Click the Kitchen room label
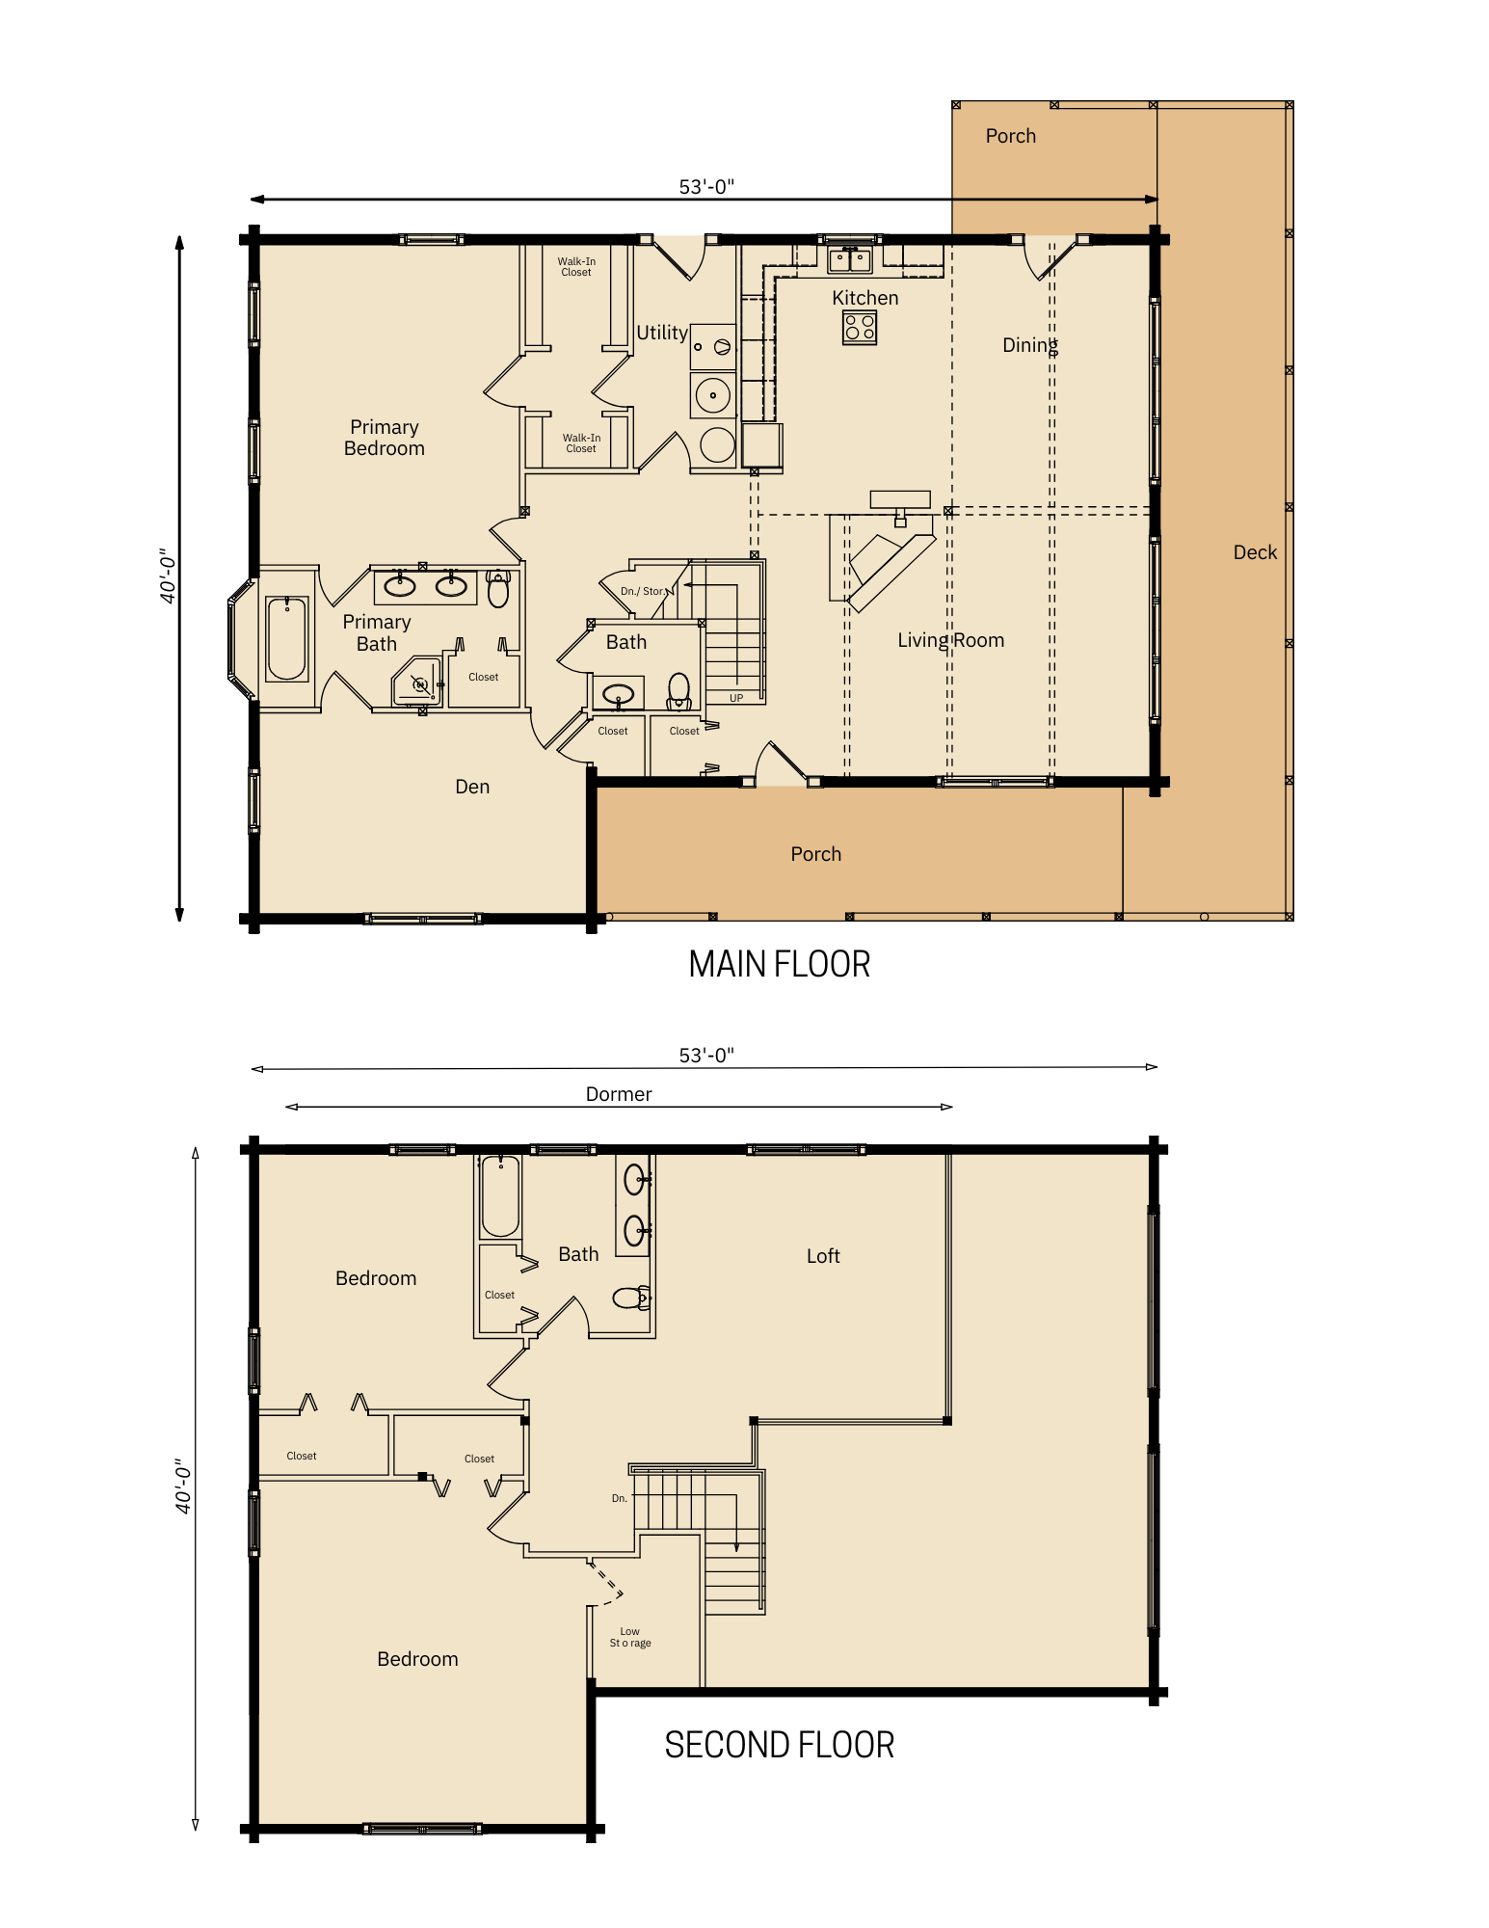[864, 298]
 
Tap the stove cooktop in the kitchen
[859, 328]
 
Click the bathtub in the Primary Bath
[286, 638]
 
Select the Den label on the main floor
[472, 787]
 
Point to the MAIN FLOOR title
[779, 964]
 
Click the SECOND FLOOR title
[779, 1745]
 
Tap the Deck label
[1254, 552]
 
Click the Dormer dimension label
[619, 1094]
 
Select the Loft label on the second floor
[823, 1256]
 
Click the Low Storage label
[630, 1637]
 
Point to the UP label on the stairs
[736, 698]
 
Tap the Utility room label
[662, 333]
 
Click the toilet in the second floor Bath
[631, 1298]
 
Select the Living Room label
[950, 640]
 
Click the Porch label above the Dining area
[1010, 136]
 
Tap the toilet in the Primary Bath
[497, 588]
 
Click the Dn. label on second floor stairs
[620, 1498]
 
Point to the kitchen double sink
[849, 259]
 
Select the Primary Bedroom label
[384, 438]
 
